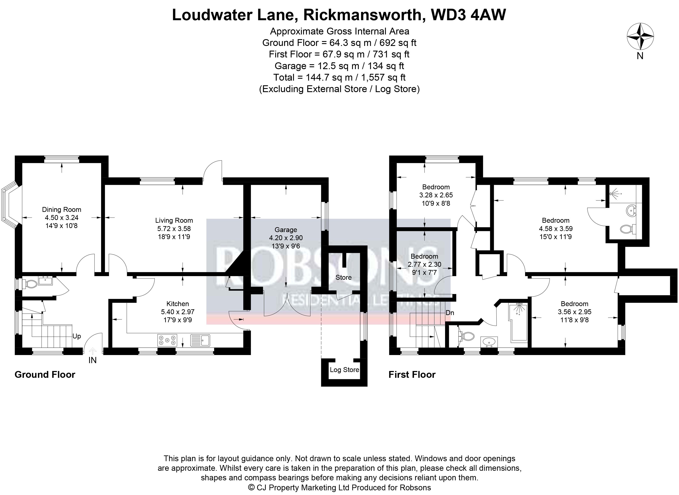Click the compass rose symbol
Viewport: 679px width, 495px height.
click(x=640, y=37)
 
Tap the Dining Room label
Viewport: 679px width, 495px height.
click(x=62, y=210)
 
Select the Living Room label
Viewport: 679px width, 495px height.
click(x=174, y=221)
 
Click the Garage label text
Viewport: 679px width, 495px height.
click(x=286, y=230)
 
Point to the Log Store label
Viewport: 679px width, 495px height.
click(x=344, y=370)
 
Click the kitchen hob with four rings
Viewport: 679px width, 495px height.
click(x=167, y=340)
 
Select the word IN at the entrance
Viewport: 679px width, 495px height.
click(x=92, y=361)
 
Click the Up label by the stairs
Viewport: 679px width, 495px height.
click(x=77, y=336)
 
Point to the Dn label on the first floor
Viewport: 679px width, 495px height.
click(x=450, y=313)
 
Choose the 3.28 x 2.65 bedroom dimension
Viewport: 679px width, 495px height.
click(x=436, y=195)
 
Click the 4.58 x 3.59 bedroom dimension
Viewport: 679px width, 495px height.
click(x=556, y=229)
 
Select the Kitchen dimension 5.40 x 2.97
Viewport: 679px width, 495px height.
click(x=178, y=312)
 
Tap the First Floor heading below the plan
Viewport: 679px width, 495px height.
click(x=412, y=375)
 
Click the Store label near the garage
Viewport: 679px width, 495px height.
click(x=344, y=277)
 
